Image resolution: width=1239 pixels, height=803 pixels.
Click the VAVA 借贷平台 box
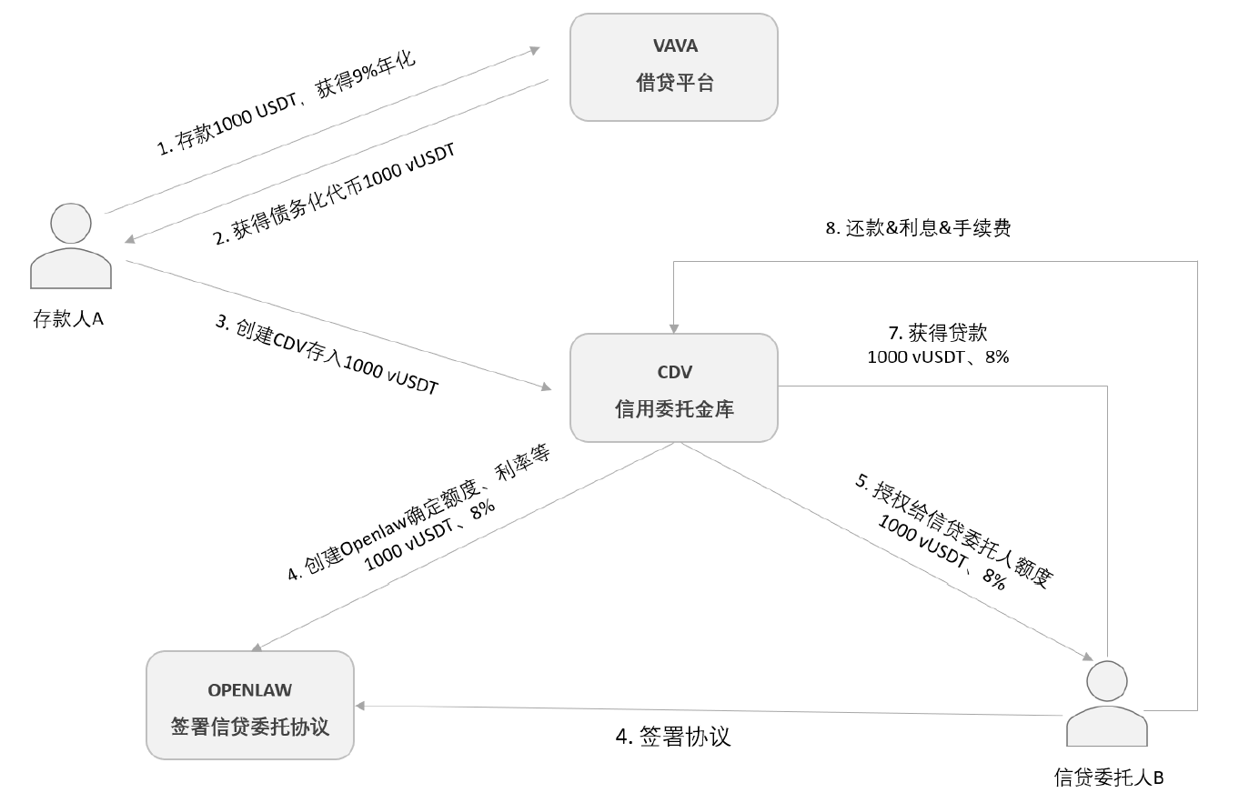[673, 66]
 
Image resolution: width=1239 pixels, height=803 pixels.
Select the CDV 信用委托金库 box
[673, 388]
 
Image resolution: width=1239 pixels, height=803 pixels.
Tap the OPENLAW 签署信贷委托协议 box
[249, 705]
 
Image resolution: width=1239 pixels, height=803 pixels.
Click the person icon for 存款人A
[71, 246]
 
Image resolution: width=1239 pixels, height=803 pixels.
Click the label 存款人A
[68, 319]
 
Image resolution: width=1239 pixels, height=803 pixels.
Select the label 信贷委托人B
[1108, 778]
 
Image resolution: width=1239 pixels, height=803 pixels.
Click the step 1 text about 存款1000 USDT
[286, 104]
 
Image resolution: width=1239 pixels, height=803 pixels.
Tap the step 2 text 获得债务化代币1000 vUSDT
[335, 194]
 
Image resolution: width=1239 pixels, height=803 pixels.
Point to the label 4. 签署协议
[673, 737]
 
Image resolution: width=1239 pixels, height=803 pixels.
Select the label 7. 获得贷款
[937, 333]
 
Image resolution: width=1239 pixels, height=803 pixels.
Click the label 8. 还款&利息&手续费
[918, 228]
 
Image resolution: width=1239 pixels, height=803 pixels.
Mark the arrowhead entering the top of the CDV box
[673, 327]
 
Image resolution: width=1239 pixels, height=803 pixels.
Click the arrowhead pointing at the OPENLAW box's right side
[360, 706]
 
